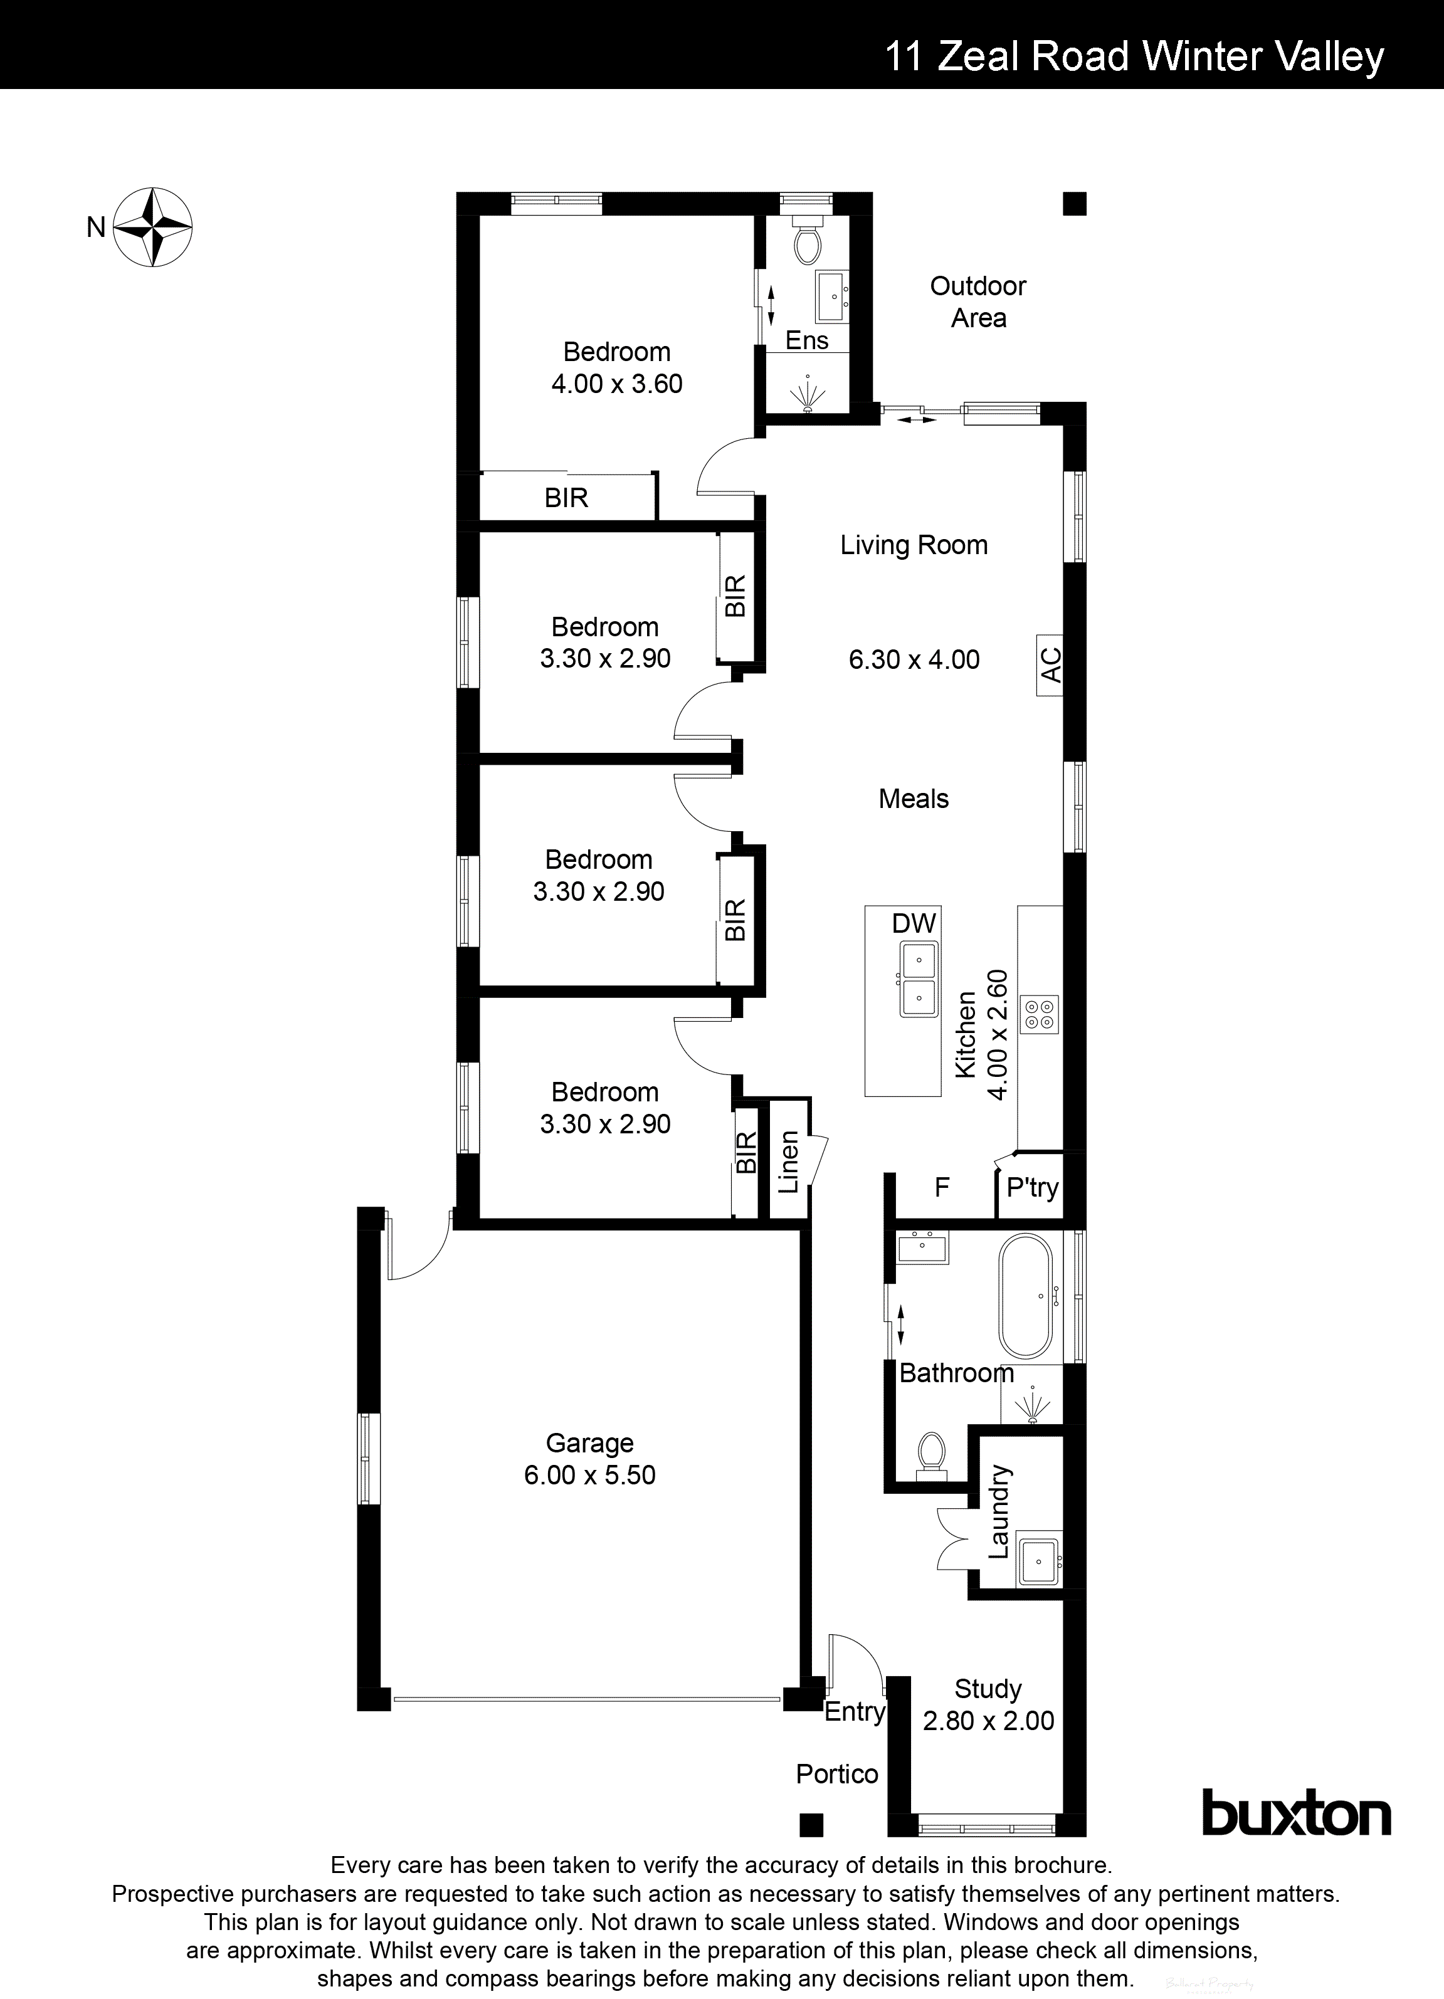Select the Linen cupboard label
(789, 1161)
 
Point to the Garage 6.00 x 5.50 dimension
(590, 1474)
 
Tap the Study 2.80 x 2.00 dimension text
(988, 1721)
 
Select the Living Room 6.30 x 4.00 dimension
(914, 659)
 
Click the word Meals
(914, 799)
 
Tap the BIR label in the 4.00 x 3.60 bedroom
(566, 498)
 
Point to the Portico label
(836, 1773)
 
